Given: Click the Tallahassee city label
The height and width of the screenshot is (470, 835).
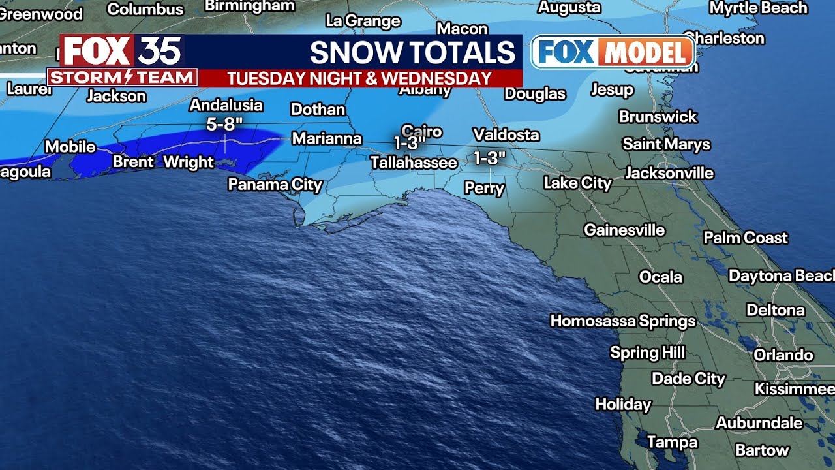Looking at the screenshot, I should [414, 163].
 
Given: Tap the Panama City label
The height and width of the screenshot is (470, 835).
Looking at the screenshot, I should [275, 185].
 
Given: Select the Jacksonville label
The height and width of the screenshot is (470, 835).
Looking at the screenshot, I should [669, 173].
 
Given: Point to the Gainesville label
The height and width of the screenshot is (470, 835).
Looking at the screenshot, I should [624, 230].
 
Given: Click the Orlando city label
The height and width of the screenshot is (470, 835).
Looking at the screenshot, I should [783, 355].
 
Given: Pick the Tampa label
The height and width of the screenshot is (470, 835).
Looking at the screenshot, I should [672, 443].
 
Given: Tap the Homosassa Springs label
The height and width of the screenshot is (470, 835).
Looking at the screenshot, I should [623, 321].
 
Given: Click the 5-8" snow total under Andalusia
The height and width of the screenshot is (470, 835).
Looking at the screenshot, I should [224, 124].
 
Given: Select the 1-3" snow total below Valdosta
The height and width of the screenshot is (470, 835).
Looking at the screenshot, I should [489, 158].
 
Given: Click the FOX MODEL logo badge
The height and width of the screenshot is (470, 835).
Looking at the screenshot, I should [613, 52].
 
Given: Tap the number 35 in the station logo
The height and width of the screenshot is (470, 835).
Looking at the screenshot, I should [159, 51].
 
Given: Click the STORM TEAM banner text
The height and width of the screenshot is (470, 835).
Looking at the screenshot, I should [122, 78].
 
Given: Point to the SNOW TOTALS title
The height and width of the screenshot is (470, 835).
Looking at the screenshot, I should [412, 52].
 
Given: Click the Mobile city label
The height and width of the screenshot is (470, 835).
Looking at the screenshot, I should [70, 147].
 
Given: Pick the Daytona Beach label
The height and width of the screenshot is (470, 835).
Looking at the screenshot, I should [781, 276].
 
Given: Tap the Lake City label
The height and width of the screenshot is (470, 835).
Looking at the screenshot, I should [577, 183].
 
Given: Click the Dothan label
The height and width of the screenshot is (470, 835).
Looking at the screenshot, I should [318, 109].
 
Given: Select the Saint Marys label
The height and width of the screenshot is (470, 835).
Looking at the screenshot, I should [666, 144].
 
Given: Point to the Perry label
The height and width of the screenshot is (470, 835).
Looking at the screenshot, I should [484, 189].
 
